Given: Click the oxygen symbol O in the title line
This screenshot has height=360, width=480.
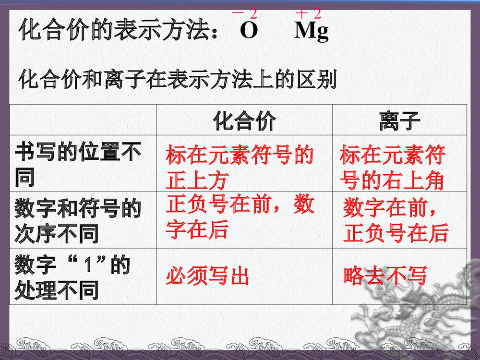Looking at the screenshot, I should [x=249, y=31].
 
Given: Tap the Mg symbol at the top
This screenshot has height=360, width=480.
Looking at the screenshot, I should [x=312, y=32].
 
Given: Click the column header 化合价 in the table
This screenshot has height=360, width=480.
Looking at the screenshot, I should [x=244, y=120].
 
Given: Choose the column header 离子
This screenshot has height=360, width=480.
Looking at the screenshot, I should [x=399, y=120].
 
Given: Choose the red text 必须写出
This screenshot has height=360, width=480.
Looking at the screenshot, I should [x=207, y=276].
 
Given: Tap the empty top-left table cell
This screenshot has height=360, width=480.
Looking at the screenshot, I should [x=83, y=120].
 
